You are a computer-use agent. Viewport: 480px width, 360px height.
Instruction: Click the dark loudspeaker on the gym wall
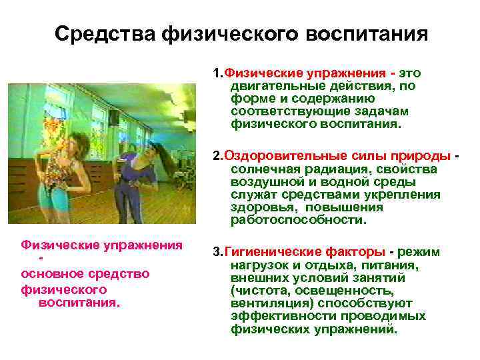point(115,117)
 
